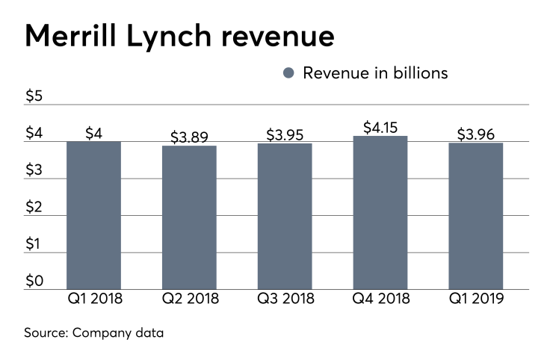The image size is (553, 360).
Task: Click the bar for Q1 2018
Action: point(93,215)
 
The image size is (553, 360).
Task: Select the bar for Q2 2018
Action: point(189,217)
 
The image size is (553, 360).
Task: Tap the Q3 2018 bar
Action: point(285,217)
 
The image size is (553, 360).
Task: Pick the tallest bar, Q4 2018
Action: point(380,213)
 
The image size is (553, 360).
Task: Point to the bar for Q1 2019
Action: point(476,216)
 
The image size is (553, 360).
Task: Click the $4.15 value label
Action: point(380,127)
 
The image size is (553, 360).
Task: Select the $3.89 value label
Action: point(189,137)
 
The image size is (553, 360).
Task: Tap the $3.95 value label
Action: point(285,134)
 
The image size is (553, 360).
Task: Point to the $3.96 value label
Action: point(476,134)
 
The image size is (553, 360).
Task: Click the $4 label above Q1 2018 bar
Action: point(93,133)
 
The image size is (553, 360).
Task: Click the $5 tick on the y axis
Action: point(34,96)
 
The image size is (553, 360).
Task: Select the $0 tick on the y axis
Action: point(34,281)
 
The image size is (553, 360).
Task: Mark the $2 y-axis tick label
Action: point(34,207)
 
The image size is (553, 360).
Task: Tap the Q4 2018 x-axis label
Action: point(380,300)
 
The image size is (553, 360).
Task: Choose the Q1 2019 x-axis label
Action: point(476,300)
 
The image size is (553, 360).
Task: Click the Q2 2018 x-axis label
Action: point(189,300)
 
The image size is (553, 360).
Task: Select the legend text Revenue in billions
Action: point(375,73)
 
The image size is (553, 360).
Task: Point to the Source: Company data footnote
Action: point(94,332)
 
